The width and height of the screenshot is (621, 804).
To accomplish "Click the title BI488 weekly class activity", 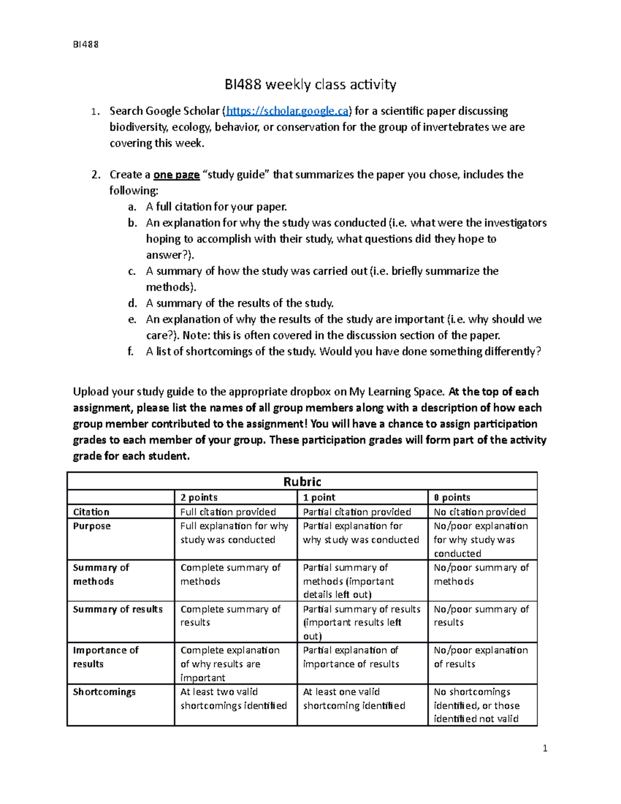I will click(310, 84).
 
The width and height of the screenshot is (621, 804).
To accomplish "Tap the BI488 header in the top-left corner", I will click(85, 45).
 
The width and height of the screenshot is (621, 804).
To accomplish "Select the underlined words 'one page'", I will click(176, 175).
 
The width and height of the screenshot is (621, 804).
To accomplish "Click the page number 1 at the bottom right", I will click(545, 748).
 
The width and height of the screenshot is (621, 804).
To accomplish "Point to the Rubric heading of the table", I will click(302, 482).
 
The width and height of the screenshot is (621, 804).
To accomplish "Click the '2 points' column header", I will click(199, 498).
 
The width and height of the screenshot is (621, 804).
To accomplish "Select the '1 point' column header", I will click(319, 498).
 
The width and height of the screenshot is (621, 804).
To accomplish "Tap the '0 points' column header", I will click(452, 498).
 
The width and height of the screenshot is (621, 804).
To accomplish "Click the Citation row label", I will click(91, 512).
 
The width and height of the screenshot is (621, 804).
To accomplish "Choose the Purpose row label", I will click(92, 526).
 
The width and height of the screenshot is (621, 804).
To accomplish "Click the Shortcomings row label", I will click(104, 692).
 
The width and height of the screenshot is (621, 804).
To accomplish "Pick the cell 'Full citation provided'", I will click(228, 512).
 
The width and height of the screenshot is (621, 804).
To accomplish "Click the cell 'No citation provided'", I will click(479, 512).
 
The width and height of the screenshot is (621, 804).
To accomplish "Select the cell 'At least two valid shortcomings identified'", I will click(233, 699).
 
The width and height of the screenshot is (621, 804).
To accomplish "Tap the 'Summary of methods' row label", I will click(101, 575).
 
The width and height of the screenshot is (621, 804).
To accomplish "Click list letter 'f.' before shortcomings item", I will click(131, 352).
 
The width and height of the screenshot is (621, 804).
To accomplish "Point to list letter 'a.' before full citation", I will click(132, 207).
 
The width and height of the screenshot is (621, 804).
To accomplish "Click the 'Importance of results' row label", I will click(106, 657).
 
